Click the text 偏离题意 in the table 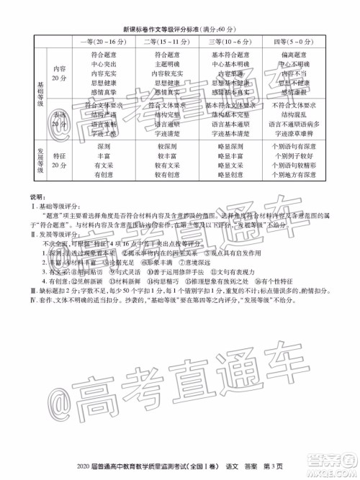[x=295, y=55]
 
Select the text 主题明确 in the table [x=167, y=64]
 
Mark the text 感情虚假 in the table [x=295, y=92]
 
